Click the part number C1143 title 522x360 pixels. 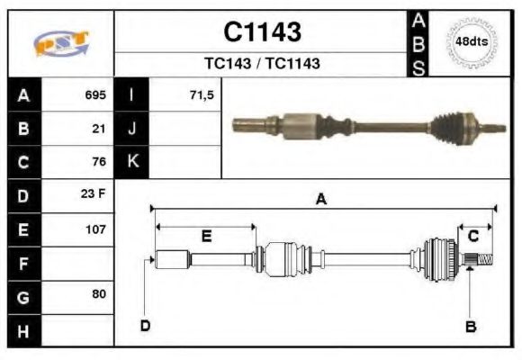262,32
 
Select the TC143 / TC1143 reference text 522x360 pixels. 262,63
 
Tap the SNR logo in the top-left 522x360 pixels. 60,43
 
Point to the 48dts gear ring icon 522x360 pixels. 472,41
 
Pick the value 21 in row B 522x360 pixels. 99,128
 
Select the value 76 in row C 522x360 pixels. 99,162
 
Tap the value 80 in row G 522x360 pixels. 99,294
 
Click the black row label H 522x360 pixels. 22,330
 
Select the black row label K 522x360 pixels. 132,162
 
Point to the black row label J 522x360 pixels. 132,128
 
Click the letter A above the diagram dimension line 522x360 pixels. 320,200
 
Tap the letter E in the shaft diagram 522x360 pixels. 206,237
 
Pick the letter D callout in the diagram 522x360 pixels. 145,326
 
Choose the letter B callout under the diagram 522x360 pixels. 470,326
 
